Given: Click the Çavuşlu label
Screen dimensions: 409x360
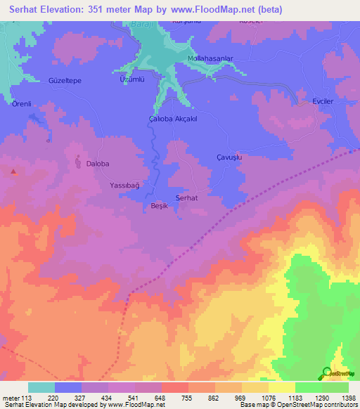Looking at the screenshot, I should point(229,158).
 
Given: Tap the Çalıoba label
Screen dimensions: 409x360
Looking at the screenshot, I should point(160,119).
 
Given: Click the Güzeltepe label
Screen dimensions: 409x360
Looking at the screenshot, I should point(65,81).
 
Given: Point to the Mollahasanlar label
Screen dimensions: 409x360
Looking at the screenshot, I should point(210,58).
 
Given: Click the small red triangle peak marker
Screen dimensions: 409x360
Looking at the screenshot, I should point(13,171).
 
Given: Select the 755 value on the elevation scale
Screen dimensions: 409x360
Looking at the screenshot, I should point(188,397).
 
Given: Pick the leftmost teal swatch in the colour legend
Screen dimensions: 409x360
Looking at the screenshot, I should point(41,387).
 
